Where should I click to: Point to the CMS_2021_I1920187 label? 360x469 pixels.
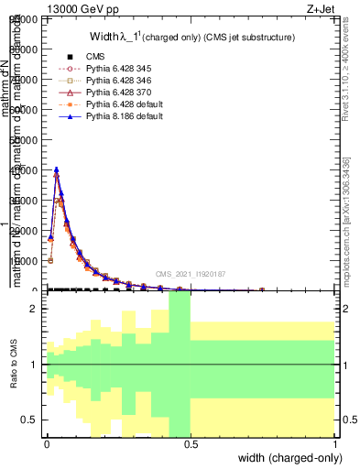(191, 274)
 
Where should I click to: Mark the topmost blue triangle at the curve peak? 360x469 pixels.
(57, 169)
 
